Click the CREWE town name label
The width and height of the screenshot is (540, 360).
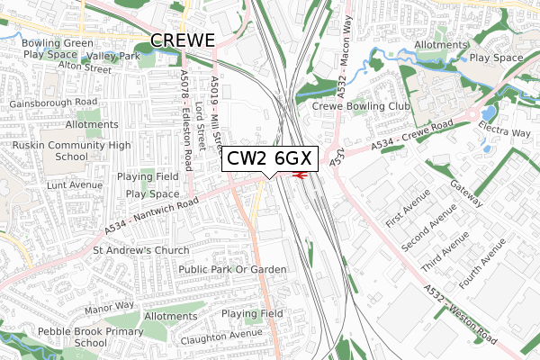click(x=183, y=40)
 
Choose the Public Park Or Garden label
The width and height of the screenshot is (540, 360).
click(x=232, y=269)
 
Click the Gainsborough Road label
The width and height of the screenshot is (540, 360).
click(x=53, y=103)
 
